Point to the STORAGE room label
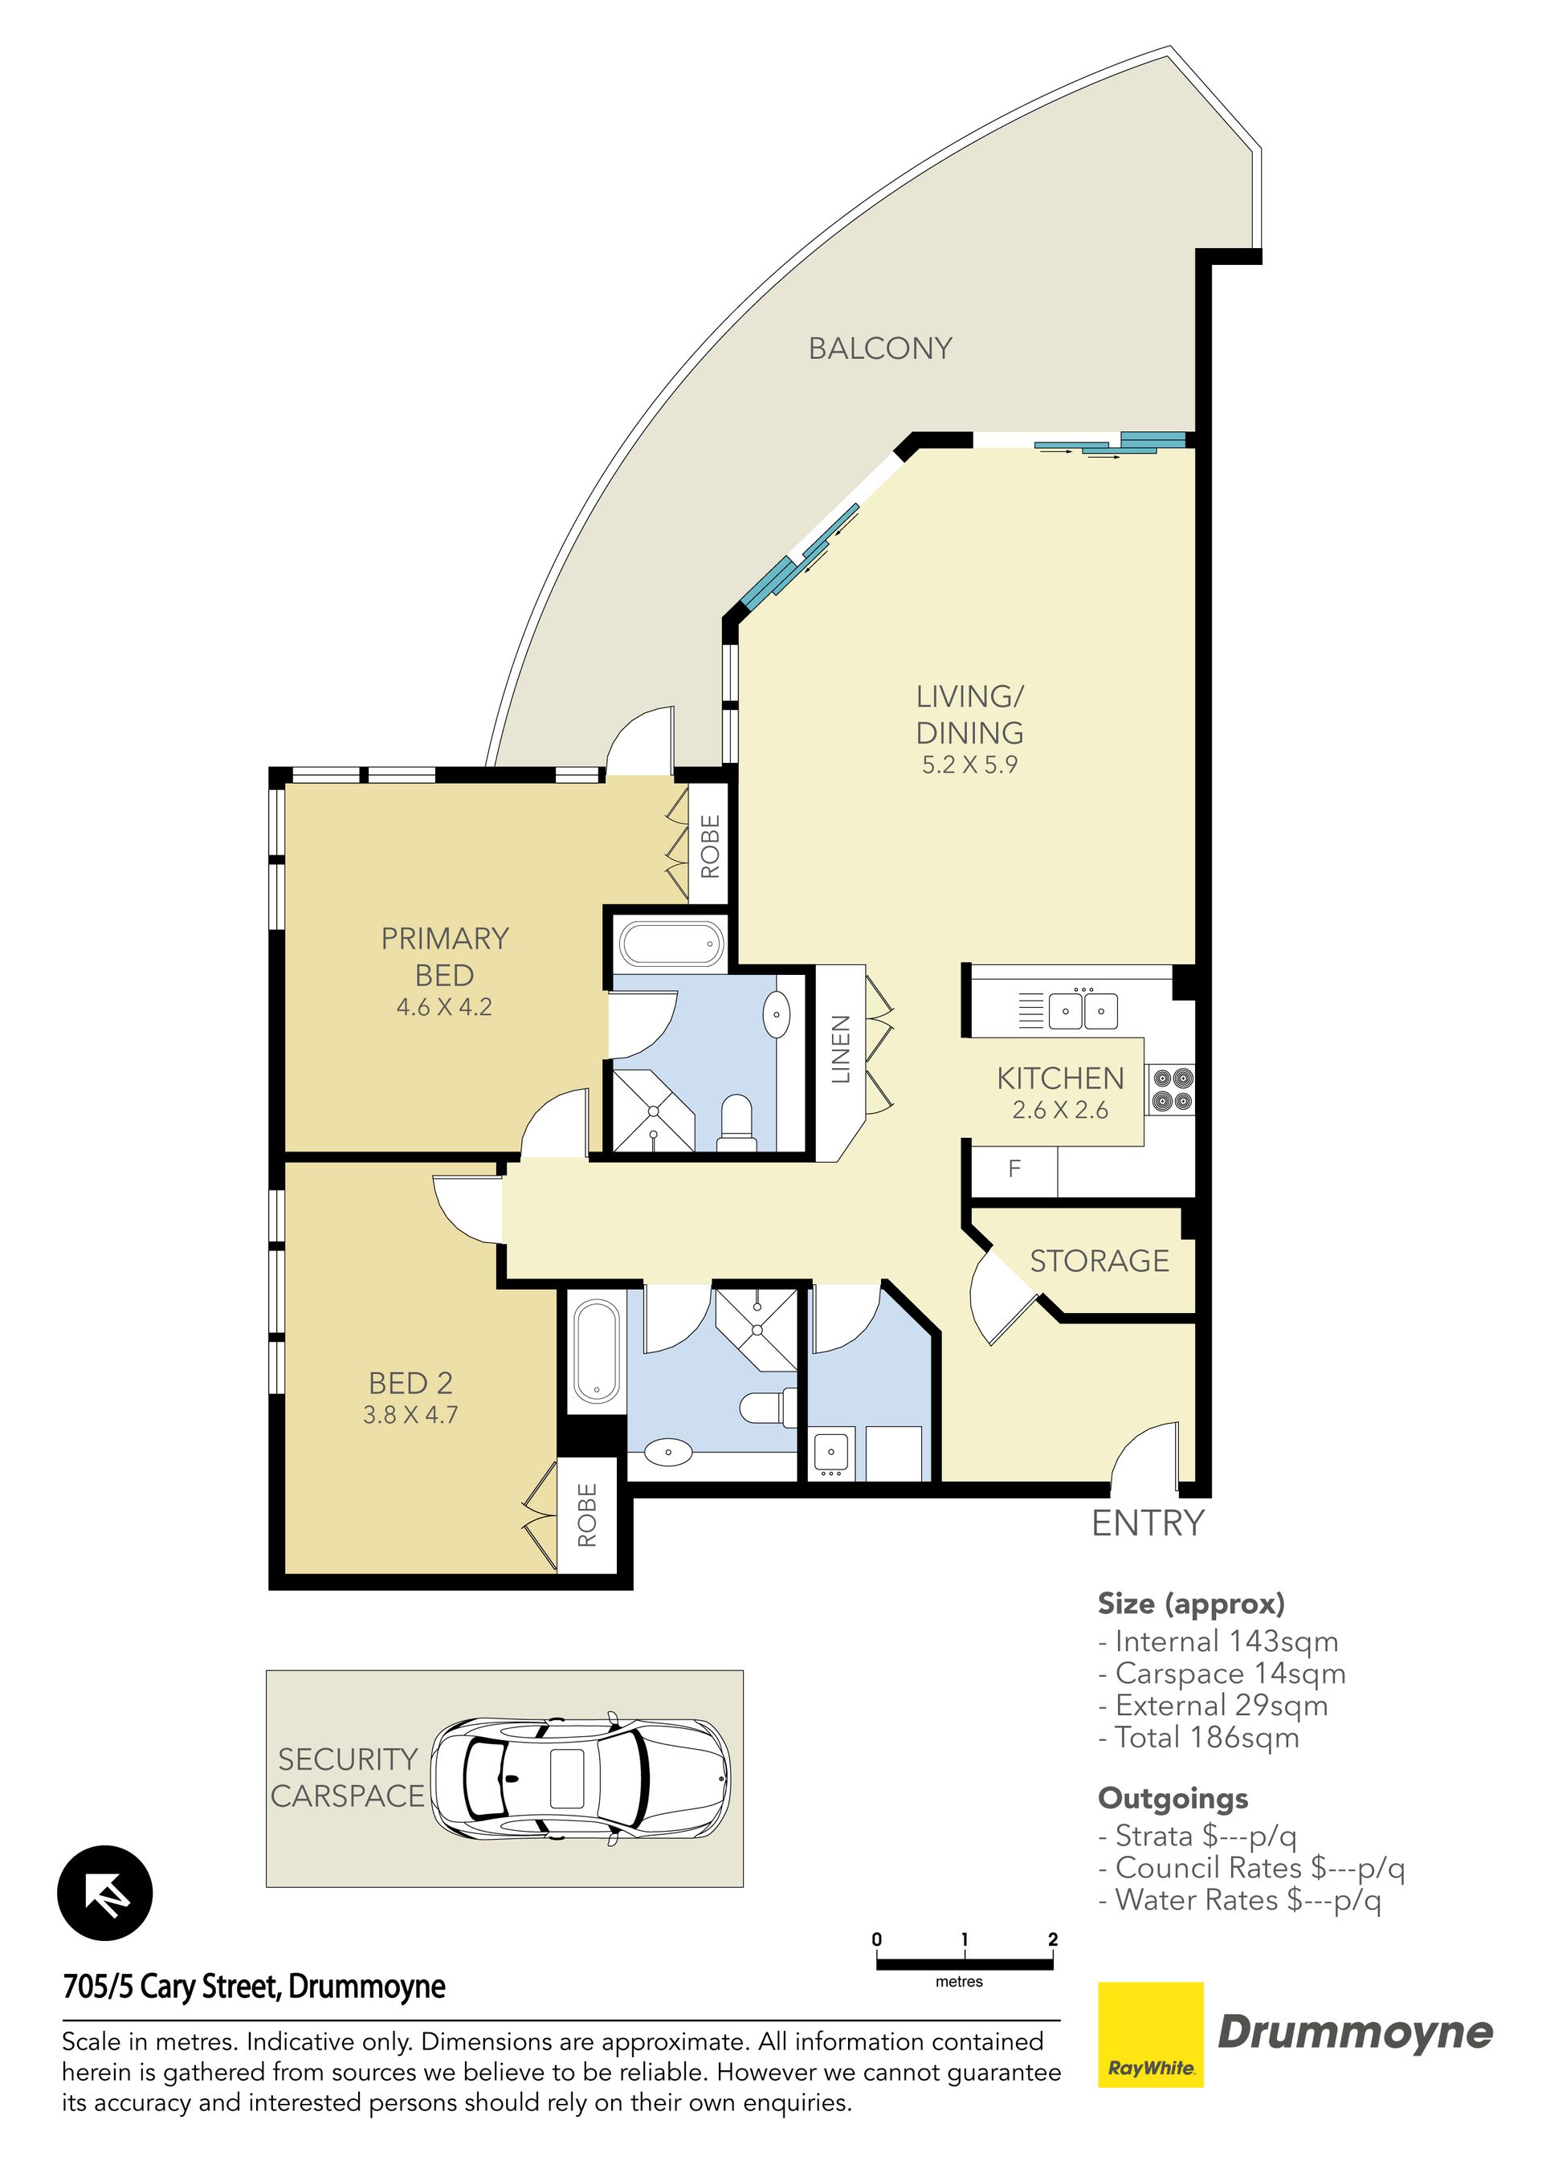click(x=1099, y=1261)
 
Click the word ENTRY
click(x=1148, y=1523)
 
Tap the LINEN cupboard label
click(x=840, y=1049)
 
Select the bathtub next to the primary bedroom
click(x=671, y=945)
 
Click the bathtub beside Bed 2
click(x=597, y=1351)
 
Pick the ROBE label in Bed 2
click(x=587, y=1515)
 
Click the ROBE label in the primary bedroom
click(x=710, y=846)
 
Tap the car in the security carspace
click(x=581, y=1778)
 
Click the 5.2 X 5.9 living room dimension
click(x=969, y=764)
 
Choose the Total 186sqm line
click(x=1198, y=1738)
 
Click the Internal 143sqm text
click(x=1218, y=1641)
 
